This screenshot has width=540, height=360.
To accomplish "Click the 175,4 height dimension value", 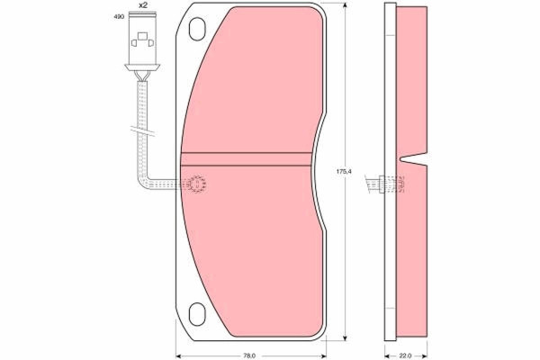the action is pyautogui.click(x=344, y=171).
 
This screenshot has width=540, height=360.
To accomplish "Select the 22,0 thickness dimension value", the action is pyautogui.click(x=406, y=355).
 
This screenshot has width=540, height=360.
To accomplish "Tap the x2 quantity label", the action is pyautogui.click(x=142, y=5).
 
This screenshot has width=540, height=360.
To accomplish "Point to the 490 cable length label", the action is pyautogui.click(x=119, y=16).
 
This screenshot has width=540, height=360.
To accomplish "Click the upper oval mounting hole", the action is pyautogui.click(x=197, y=29).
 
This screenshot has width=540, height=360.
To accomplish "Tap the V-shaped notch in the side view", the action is pyautogui.click(x=413, y=158).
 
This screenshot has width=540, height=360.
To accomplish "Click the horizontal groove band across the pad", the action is pyautogui.click(x=247, y=159).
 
